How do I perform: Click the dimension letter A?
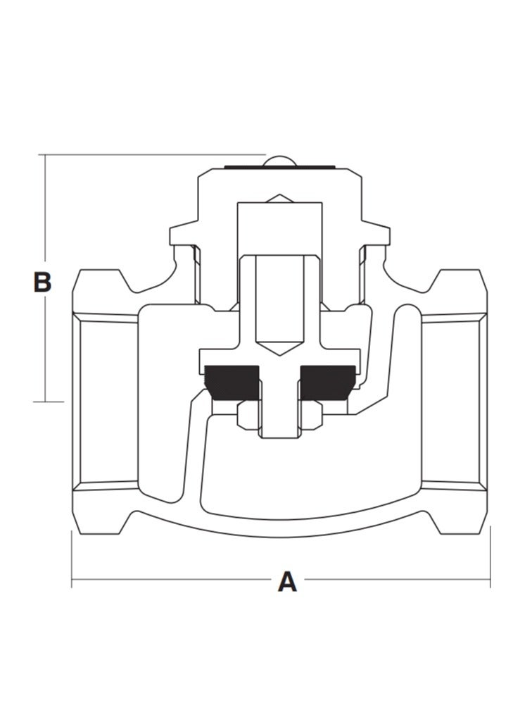[x=287, y=582]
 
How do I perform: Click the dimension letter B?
[x=43, y=282]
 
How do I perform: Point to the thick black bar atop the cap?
[x=280, y=168]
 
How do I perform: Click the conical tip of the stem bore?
[x=279, y=349]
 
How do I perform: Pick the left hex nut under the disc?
[x=248, y=415]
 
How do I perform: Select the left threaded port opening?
[x=106, y=402]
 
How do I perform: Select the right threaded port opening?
[x=454, y=402]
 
